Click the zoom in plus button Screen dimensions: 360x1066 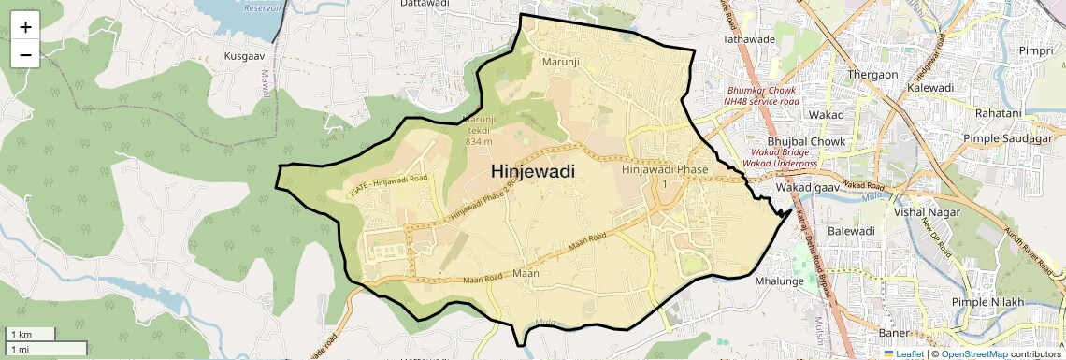(25, 27)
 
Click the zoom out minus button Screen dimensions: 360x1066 (25, 54)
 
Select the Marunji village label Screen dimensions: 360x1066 (561, 62)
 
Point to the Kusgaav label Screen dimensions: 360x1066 (246, 56)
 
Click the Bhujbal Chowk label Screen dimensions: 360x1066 (808, 141)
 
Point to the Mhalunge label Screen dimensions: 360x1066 (779, 280)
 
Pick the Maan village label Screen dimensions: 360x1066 (526, 274)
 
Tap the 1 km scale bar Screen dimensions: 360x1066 (31, 334)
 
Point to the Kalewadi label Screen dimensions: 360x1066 (929, 87)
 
